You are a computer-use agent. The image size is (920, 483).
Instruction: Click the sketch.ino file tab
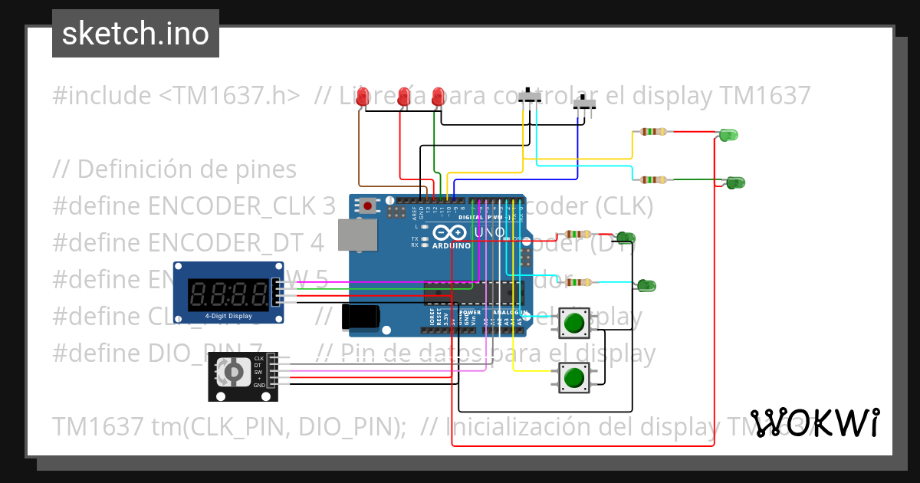coord(136,34)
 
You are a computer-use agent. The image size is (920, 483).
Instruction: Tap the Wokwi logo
coord(814,422)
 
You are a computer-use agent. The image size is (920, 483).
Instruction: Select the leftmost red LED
coord(363,97)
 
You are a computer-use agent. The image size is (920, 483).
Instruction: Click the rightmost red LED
coord(438,97)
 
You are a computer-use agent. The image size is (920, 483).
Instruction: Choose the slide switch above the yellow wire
coord(529,97)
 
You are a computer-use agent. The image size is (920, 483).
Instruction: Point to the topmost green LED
coord(728,135)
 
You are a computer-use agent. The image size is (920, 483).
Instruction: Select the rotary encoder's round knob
coord(229,373)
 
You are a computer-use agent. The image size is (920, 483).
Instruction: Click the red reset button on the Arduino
coord(369,205)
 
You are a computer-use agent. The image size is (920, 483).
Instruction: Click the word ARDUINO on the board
coord(451,246)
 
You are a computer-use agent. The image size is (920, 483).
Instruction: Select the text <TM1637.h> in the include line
coord(230,96)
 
